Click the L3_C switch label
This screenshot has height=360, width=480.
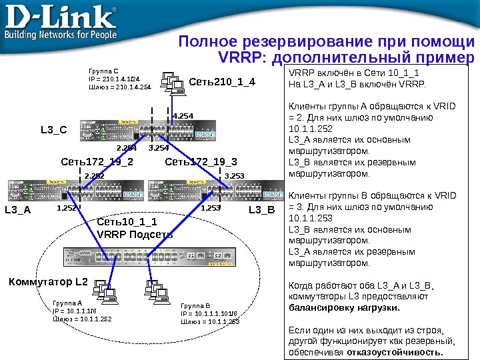pyautogui.click(x=55, y=130)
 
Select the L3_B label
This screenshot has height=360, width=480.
pyautogui.click(x=261, y=209)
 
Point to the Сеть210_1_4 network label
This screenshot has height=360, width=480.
pyautogui.click(x=222, y=83)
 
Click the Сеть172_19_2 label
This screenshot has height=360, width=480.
pyautogui.click(x=97, y=161)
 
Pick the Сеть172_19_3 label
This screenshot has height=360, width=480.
pyautogui.click(x=201, y=161)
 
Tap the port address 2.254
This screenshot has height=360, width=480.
pyautogui.click(x=126, y=147)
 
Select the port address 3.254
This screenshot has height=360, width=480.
pyautogui.click(x=159, y=147)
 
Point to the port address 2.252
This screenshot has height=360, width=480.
pyautogui.click(x=94, y=176)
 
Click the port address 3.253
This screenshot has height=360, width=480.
pyautogui.click(x=235, y=176)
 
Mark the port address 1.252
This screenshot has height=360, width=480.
pyautogui.click(x=67, y=208)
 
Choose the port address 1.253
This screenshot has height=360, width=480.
pyautogui.click(x=210, y=208)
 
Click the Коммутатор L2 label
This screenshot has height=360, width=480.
pyautogui.click(x=48, y=282)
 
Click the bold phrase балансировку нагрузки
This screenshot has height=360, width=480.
pyautogui.click(x=343, y=308)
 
